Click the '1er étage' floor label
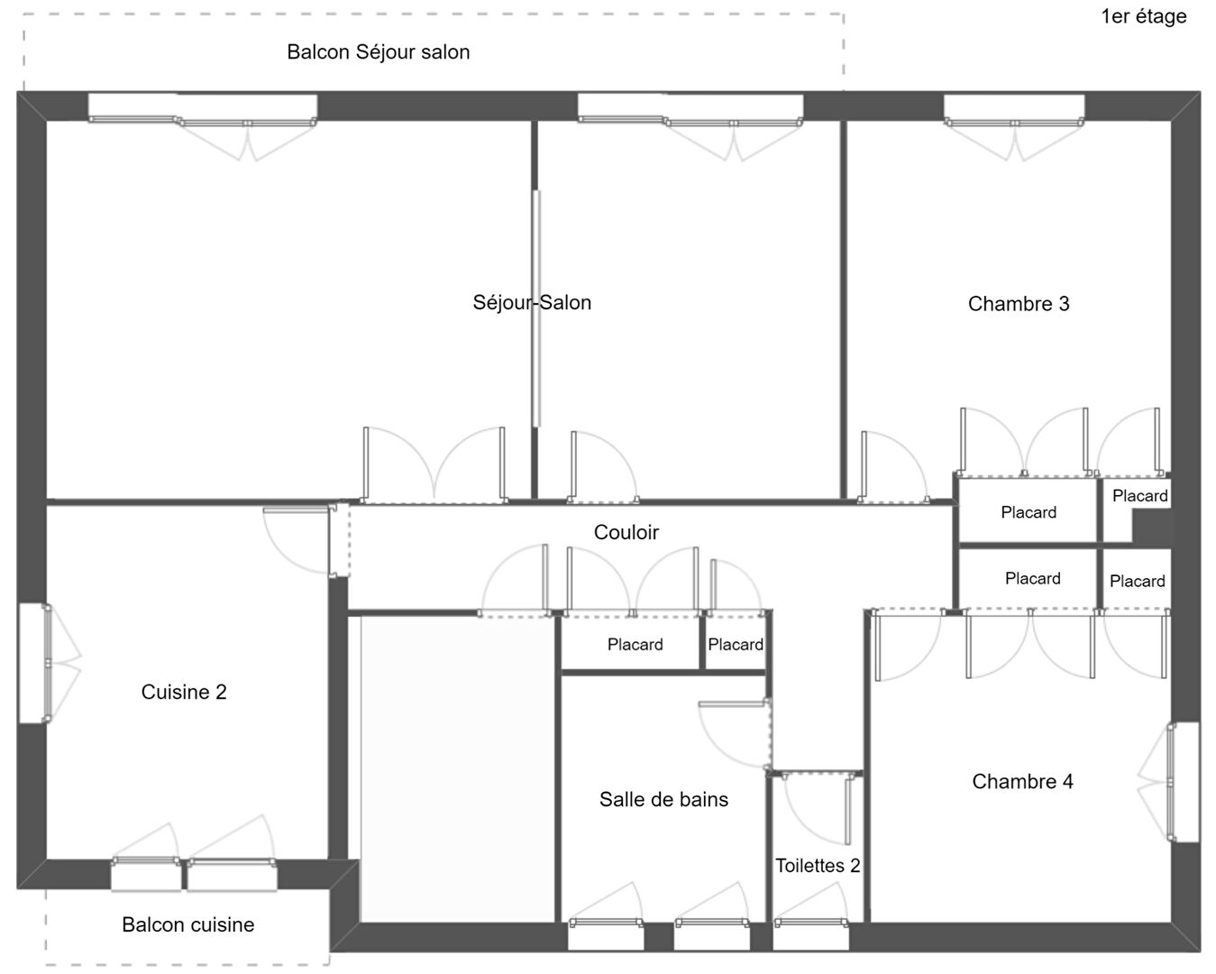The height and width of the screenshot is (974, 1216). pos(1143,17)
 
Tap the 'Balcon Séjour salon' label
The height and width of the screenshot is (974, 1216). pos(378,52)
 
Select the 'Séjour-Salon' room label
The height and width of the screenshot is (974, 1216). pos(532,302)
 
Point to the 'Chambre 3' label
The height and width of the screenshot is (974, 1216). pos(1019,304)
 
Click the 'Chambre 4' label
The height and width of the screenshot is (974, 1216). pos(1022,781)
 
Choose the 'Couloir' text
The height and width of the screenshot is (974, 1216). pos(626,532)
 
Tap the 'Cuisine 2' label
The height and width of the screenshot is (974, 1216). pos(184,692)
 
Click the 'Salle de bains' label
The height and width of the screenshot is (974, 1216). pos(663,799)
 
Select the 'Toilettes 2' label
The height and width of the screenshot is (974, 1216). pos(817,866)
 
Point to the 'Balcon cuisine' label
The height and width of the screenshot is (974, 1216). pos(188,924)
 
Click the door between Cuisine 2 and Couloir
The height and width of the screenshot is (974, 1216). pos(299,541)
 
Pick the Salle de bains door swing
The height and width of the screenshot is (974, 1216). pos(735,734)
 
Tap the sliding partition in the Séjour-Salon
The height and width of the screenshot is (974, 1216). pos(535,308)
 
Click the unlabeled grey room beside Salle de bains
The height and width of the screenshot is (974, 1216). pos(457,768)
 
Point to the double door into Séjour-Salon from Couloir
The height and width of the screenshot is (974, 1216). pos(434,465)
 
